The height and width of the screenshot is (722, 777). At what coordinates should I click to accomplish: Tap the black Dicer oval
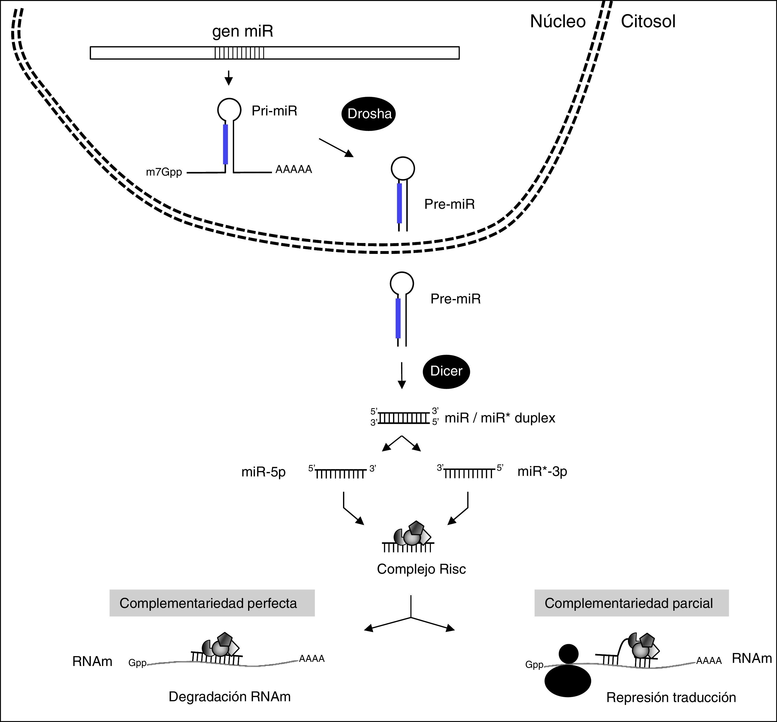(x=446, y=371)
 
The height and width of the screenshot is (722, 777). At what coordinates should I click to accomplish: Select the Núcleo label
(x=557, y=22)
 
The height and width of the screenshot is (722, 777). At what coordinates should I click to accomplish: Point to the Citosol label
(x=648, y=22)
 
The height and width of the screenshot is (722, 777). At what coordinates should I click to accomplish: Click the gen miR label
(x=243, y=32)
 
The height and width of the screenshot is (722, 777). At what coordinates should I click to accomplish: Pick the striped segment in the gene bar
(x=239, y=53)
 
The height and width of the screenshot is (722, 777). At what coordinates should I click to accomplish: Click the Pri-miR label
(x=274, y=111)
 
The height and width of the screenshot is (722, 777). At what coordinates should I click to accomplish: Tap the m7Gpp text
(x=164, y=172)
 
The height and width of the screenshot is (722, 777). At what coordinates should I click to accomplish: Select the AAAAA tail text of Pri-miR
(x=294, y=170)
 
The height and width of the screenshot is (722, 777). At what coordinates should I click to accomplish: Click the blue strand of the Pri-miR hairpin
(x=225, y=144)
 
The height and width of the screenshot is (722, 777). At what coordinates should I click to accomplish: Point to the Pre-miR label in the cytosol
(x=456, y=299)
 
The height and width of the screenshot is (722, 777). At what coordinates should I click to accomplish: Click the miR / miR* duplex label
(x=500, y=418)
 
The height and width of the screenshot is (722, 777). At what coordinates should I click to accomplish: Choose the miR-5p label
(x=263, y=472)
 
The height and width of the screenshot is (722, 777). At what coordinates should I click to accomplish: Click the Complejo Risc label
(x=421, y=569)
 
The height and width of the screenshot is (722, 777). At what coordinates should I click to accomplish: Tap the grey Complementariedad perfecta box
(x=212, y=603)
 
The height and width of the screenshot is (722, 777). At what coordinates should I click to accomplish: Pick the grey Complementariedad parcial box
(x=631, y=603)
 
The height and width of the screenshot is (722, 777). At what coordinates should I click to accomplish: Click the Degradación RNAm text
(x=230, y=697)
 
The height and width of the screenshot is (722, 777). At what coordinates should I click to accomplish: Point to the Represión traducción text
(x=671, y=697)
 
